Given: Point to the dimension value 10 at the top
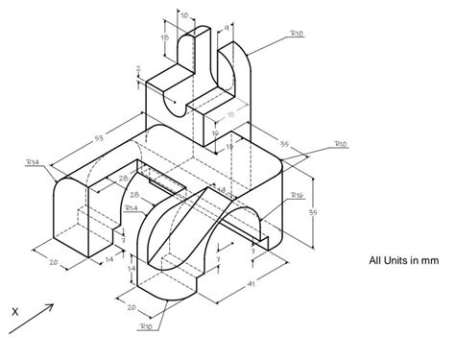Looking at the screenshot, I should tap(184, 15).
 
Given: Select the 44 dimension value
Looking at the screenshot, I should tap(220, 191).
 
